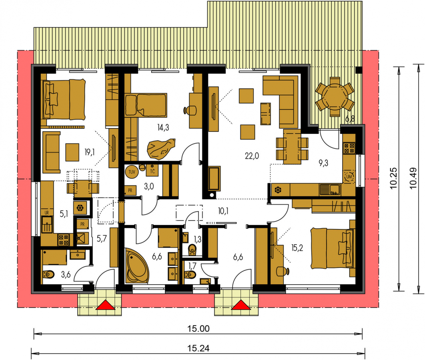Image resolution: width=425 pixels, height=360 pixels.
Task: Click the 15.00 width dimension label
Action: (x=198, y=328)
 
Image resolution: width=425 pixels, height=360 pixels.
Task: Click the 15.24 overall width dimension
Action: (x=198, y=348)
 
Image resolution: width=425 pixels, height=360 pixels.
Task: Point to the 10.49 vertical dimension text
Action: (x=413, y=178)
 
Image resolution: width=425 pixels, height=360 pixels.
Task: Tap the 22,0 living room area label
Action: (x=252, y=156)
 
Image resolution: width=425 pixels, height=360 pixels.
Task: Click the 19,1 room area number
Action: (x=90, y=152)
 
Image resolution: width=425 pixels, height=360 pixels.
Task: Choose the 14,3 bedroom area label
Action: (x=163, y=127)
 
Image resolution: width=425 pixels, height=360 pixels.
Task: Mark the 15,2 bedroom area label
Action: (x=297, y=248)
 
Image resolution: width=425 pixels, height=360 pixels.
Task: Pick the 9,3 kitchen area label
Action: (x=323, y=163)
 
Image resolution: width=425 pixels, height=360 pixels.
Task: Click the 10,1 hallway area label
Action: (x=223, y=211)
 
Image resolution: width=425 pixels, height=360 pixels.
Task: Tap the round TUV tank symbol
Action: (x=132, y=172)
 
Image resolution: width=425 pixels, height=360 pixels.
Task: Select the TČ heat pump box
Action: (x=152, y=170)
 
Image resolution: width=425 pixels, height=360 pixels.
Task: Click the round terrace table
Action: (x=335, y=97)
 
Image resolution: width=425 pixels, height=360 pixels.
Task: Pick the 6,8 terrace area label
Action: (x=350, y=119)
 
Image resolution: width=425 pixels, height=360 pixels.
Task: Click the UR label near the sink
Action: (x=46, y=213)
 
